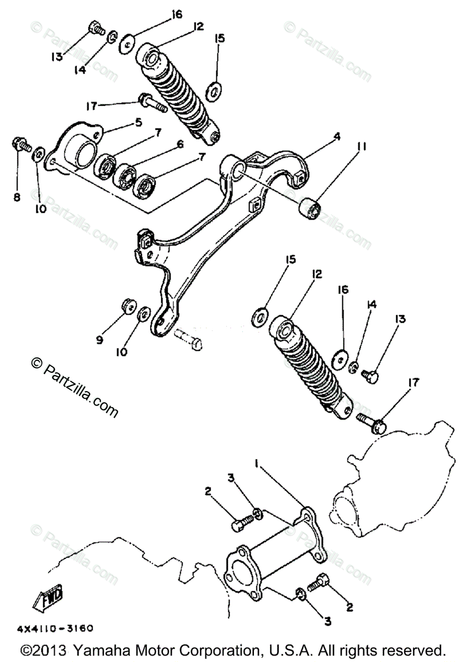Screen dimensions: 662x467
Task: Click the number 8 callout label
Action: click(x=17, y=196)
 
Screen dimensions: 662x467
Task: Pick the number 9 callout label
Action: click(x=100, y=340)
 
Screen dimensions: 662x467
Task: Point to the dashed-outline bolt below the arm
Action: click(x=189, y=338)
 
